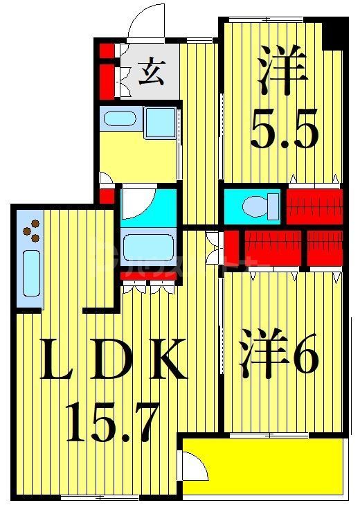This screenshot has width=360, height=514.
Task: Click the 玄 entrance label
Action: tap(150, 72)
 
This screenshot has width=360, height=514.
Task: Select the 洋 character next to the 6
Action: tap(263, 357)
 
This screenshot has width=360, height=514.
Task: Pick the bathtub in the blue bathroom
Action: tap(147, 247)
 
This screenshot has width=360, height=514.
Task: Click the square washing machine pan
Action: tap(161, 123)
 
